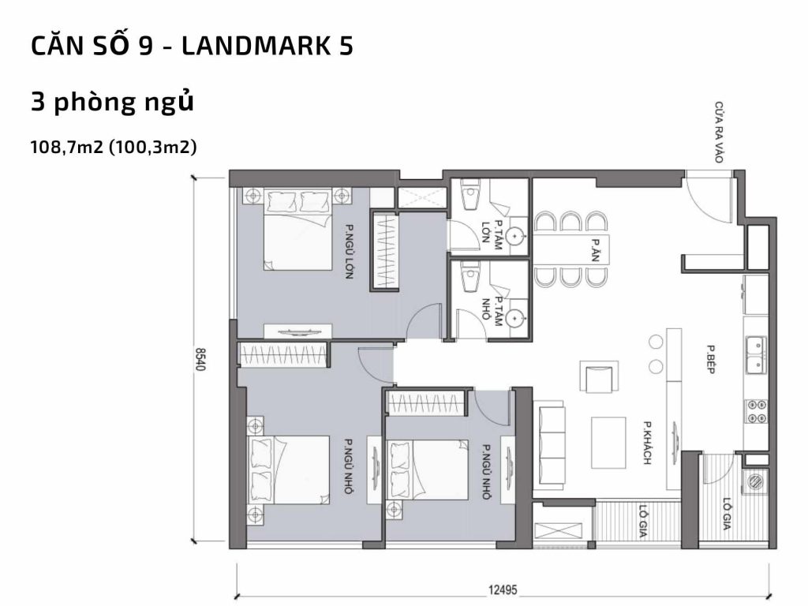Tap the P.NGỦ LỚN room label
click(348, 252)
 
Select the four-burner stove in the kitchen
click(757, 412)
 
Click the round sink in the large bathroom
click(514, 234)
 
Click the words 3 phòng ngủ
click(112, 103)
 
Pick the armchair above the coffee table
click(598, 377)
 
